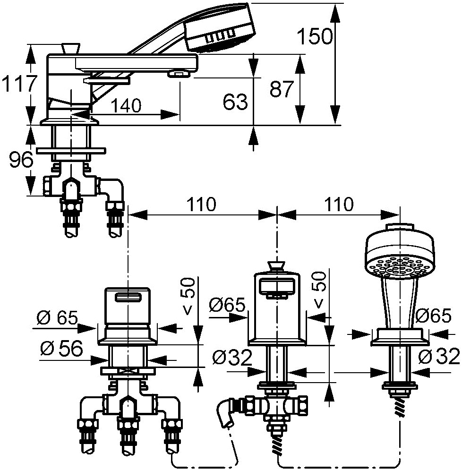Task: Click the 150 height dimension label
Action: [x=314, y=35]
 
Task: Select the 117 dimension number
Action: [x=18, y=84]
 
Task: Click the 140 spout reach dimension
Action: [x=127, y=106]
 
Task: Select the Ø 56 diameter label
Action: [x=61, y=349]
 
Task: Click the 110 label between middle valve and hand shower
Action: [x=338, y=205]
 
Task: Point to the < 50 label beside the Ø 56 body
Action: [x=188, y=302]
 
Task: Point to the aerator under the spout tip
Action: [x=178, y=74]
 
